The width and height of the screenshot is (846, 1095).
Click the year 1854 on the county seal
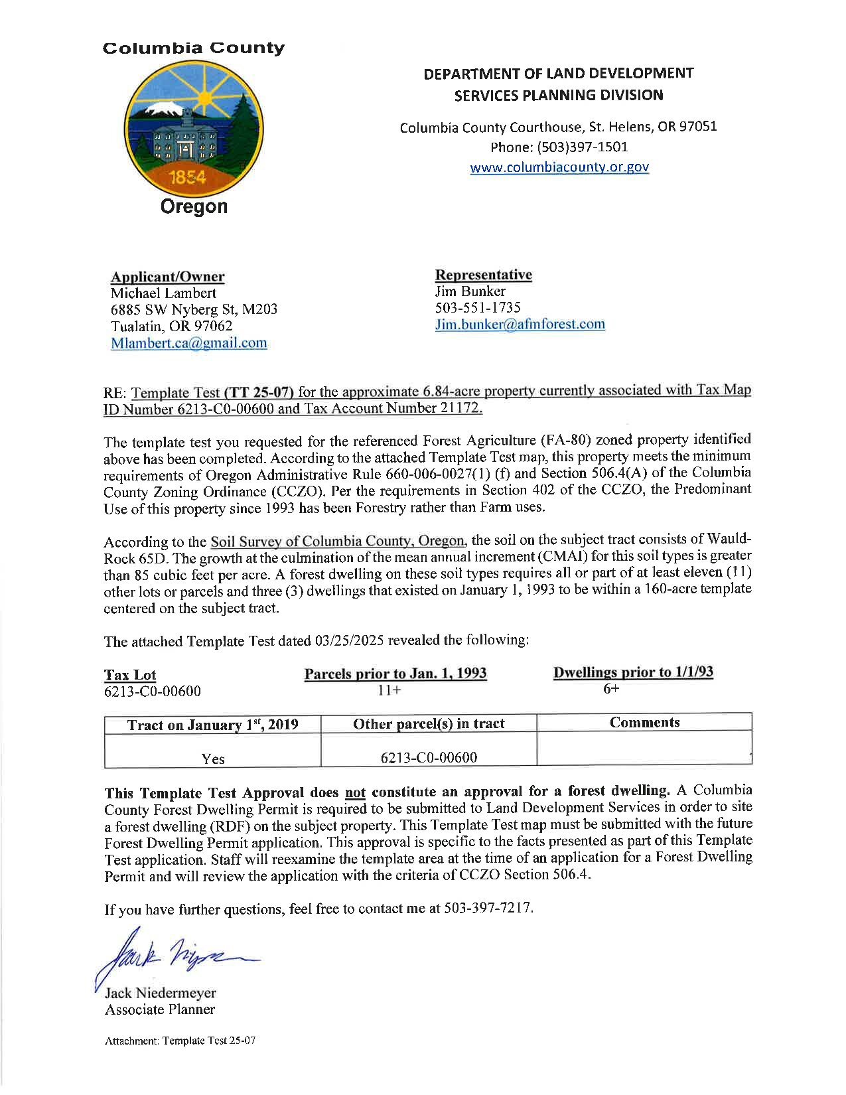coord(188,177)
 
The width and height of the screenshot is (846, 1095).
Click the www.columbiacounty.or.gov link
coord(559,167)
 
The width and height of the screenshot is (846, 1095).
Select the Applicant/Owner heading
coord(167,277)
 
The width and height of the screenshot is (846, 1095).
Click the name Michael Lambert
coord(163,293)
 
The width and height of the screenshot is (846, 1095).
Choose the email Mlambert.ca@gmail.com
coord(188,343)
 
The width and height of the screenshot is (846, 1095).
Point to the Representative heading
coord(483,275)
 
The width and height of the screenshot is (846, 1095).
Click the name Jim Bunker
coord(470,291)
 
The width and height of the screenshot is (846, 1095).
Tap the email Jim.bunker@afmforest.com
coord(520,325)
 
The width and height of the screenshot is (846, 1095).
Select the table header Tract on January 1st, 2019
coord(212,725)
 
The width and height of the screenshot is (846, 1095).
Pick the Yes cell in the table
coord(213,759)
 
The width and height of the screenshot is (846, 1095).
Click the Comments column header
coord(644,723)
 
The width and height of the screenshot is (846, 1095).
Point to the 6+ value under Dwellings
coord(611,689)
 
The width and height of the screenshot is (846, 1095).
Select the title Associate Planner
coord(160,1009)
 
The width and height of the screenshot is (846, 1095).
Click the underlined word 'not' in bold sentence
coord(356,792)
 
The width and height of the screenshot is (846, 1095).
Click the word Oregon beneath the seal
coord(194,206)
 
